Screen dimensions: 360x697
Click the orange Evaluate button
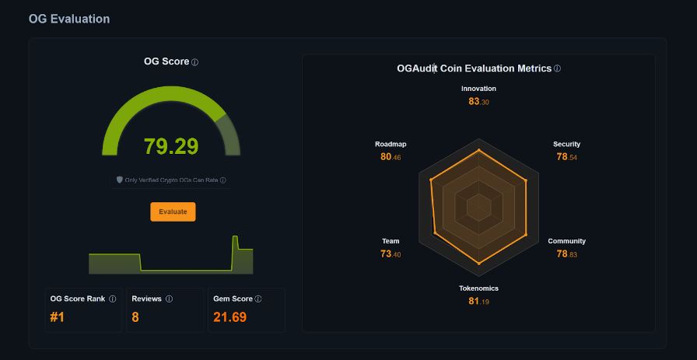pos(173,211)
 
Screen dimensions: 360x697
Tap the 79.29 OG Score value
pos(171,146)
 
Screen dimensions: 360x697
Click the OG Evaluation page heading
pos(69,19)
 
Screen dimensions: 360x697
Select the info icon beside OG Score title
pos(195,62)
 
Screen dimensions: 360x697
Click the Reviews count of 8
pos(136,316)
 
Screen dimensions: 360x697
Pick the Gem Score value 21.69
pos(229,316)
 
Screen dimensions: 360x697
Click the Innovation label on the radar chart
pos(478,89)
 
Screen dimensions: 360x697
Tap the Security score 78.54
pos(566,157)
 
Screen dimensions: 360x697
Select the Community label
pos(566,241)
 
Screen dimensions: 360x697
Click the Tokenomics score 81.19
pos(478,301)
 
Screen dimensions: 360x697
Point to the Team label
pos(391,241)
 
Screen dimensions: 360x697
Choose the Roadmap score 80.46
pos(391,157)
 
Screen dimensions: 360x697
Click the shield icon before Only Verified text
pos(120,180)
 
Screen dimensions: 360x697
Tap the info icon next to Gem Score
pos(258,299)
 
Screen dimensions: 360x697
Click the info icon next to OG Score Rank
pos(112,299)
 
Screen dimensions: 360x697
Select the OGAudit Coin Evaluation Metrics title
pos(474,68)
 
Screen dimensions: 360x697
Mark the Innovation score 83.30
pos(478,101)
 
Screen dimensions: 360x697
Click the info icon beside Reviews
pos(169,299)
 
